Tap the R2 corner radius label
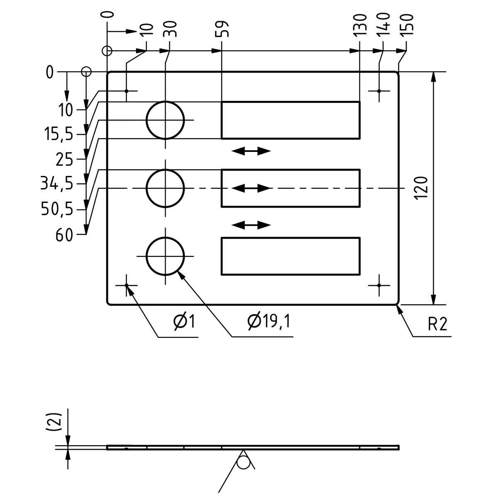[x=437, y=324]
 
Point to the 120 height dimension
[x=421, y=188]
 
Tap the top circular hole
[x=166, y=120]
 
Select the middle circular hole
[x=166, y=188]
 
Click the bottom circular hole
[x=166, y=256]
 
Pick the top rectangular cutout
[x=290, y=120]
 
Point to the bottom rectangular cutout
[x=290, y=256]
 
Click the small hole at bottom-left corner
[x=127, y=286]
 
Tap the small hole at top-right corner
[x=379, y=90]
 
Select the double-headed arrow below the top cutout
[x=251, y=151]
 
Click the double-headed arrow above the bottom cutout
[x=251, y=225]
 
